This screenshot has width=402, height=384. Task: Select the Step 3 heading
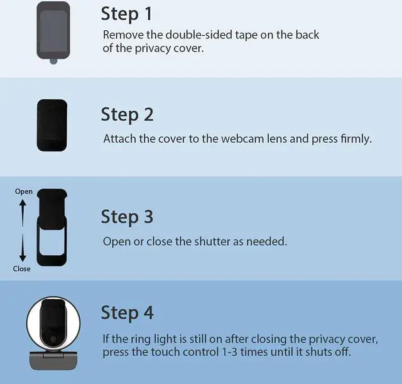point(127,217)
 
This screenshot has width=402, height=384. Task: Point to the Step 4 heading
point(127,314)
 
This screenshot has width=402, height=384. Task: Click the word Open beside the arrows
point(24,192)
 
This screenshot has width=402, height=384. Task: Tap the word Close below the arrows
point(22,269)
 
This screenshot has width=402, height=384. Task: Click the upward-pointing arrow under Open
point(23,213)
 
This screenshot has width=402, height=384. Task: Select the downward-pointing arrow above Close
point(23,248)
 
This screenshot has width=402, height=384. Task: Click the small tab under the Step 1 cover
point(53,62)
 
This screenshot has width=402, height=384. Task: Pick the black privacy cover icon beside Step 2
point(52,125)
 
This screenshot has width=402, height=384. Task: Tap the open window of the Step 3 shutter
point(52,242)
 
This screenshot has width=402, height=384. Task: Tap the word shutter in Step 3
point(212,241)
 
